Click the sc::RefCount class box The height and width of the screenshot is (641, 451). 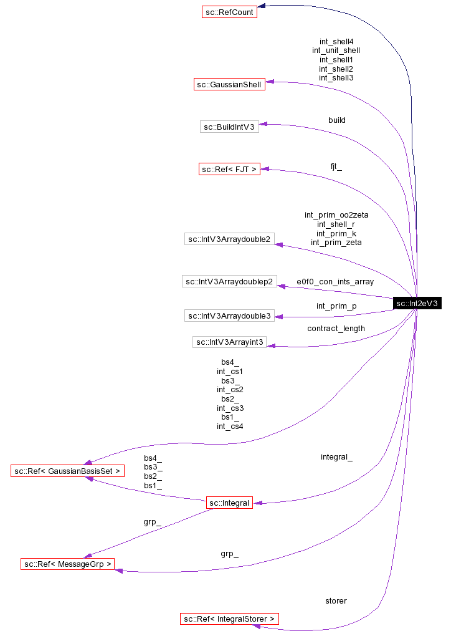coord(229,11)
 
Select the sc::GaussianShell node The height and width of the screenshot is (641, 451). coord(229,84)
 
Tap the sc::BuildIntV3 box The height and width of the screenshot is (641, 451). coord(229,127)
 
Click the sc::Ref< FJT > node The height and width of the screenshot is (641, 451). coord(229,169)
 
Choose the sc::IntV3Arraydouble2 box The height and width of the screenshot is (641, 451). coord(229,239)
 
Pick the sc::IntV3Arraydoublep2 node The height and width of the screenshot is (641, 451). coord(229,281)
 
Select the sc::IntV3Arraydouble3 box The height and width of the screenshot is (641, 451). coord(229,316)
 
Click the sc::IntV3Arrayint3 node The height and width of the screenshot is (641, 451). coord(229,342)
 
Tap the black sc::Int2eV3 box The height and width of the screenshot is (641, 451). coord(417,304)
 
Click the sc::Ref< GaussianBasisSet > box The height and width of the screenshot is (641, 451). coord(68,471)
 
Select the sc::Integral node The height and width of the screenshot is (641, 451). coord(229,503)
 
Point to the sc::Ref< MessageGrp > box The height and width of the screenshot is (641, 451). coord(68,564)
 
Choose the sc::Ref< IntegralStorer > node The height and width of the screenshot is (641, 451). coord(229,619)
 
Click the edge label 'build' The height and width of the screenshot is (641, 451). coord(336,120)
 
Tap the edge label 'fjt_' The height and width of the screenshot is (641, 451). coord(336,166)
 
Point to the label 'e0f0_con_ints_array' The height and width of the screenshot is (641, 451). coord(335,282)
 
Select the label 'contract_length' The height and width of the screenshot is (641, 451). coord(336,328)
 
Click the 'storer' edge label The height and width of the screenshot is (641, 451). coord(336,601)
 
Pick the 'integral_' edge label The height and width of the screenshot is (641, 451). coord(336,457)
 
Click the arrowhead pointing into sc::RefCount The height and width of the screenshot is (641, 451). coord(262,6)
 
